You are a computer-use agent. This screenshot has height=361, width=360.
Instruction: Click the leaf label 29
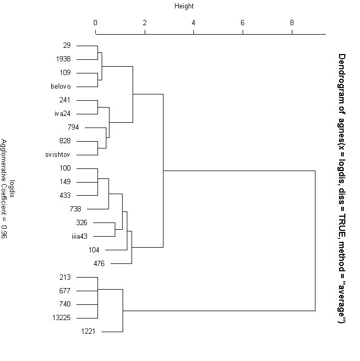tap(67, 46)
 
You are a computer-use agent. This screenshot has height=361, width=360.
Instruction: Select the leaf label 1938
tap(63, 59)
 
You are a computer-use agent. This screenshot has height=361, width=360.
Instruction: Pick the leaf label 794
tap(73, 128)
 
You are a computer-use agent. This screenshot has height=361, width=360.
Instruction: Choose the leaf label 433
tap(65, 196)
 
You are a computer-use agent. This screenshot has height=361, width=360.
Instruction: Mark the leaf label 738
tap(75, 209)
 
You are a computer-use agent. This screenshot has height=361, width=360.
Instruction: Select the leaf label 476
tap(99, 263)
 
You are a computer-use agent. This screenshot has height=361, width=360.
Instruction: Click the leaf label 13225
tap(61, 318)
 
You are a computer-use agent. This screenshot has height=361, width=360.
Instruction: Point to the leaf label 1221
tap(88, 332)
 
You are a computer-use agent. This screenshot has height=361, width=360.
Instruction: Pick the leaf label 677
tap(65, 291)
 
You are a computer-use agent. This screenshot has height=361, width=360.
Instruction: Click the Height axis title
tap(184, 6)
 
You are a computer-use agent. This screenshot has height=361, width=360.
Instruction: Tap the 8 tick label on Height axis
tap(292, 23)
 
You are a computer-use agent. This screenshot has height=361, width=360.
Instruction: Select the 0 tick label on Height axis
tap(95, 23)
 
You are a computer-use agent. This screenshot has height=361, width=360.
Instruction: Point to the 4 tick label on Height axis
tap(194, 23)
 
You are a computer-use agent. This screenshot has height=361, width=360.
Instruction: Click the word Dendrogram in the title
tap(342, 74)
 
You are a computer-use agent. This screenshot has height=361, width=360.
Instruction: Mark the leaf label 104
tap(94, 250)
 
